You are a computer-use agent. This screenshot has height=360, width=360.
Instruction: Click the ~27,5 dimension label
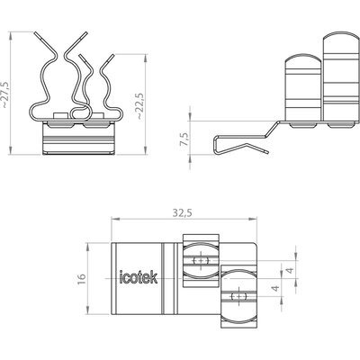coord(6,94)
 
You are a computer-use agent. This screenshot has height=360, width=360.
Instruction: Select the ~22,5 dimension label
coord(140,106)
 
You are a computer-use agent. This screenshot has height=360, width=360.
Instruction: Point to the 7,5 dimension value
coord(184,139)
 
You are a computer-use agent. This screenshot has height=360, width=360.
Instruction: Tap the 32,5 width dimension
coord(182,213)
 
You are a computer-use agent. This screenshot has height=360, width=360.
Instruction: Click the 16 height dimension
coord(82,279)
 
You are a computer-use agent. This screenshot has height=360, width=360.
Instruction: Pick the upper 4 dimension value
coord(290,270)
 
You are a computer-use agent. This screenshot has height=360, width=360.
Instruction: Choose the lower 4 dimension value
coord(275,288)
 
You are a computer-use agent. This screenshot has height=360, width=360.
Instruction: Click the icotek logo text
coord(139,277)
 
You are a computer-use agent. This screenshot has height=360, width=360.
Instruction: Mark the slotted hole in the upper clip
coord(201,260)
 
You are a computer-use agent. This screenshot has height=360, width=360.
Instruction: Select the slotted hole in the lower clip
coord(238,297)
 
